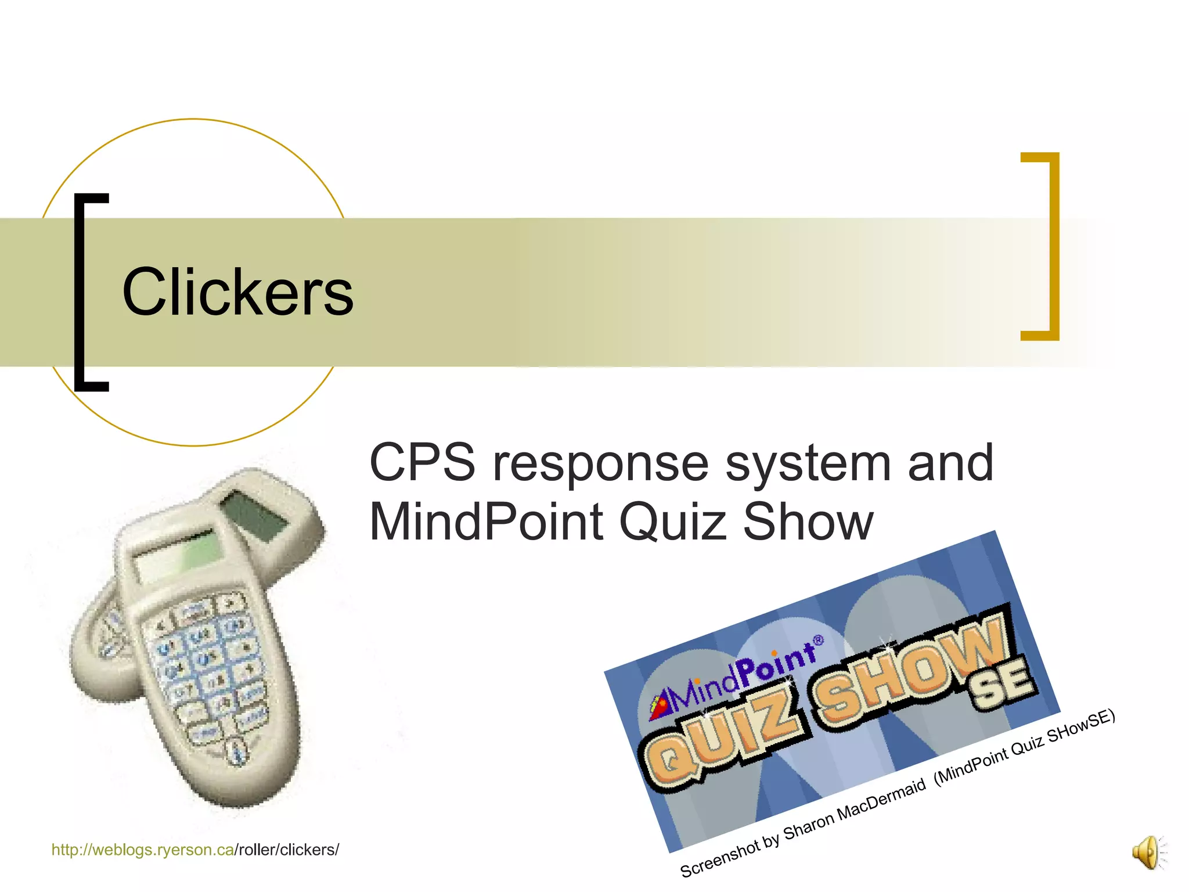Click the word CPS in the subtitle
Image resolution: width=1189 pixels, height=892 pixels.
pyautogui.click(x=422, y=463)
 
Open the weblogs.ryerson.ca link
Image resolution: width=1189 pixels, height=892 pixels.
pyautogui.click(x=143, y=850)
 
